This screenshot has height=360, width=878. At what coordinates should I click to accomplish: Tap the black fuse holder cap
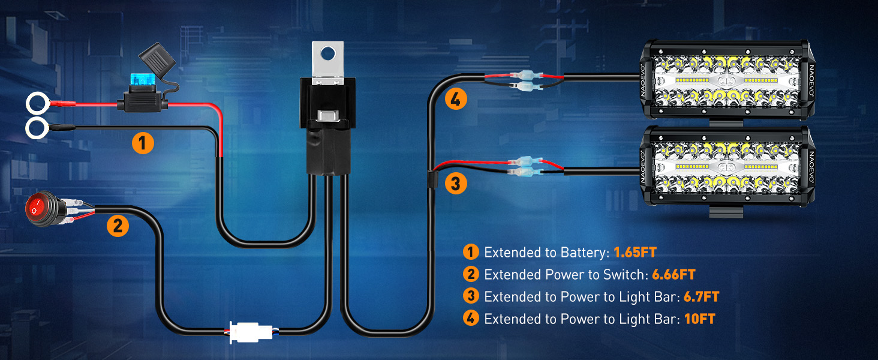point(157,59)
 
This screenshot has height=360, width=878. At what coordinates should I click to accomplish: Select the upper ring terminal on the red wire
point(38,104)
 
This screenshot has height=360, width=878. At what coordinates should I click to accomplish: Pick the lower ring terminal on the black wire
point(37,128)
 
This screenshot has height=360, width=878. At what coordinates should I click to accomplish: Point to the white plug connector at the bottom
point(251,332)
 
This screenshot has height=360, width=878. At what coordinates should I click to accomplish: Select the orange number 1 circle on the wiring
point(143,143)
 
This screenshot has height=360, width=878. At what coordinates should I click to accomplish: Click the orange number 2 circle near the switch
point(118,226)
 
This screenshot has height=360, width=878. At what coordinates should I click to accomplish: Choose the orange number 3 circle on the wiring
point(456,183)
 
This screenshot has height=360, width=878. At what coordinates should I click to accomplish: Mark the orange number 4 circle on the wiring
point(456,99)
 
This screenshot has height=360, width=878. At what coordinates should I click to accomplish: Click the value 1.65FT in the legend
point(635,252)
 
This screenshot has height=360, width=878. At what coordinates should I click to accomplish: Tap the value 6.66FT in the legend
point(673,275)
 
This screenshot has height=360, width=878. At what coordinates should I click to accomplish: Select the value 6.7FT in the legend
point(701,297)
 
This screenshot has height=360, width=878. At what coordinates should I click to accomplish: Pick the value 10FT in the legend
point(700,319)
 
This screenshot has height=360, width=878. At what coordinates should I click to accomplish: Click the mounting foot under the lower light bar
point(726,212)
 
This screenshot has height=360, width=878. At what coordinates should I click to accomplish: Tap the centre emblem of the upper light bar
point(726,81)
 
